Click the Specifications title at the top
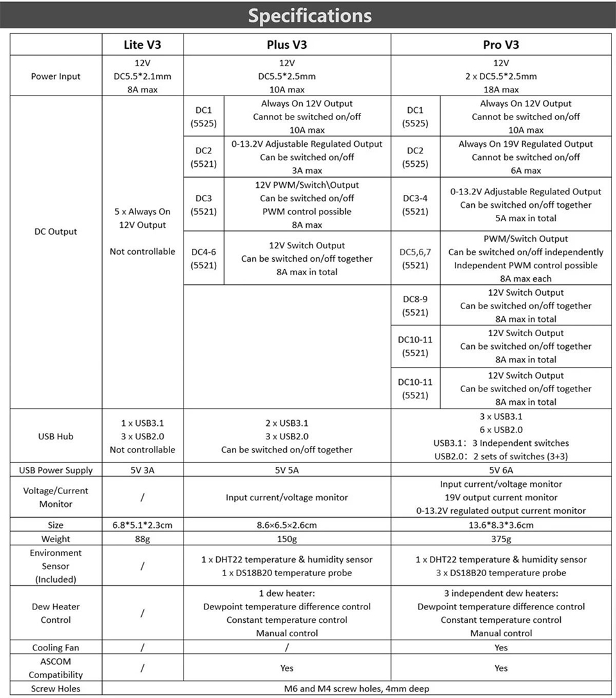pos(309,15)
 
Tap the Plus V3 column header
pos(287,45)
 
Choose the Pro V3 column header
pos(501,45)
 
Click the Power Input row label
pos(56,76)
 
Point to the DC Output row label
pos(56,232)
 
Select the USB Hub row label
pos(56,436)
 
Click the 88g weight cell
pos(142,539)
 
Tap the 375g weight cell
pos(501,539)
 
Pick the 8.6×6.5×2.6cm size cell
pos(287,525)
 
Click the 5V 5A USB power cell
pos(287,470)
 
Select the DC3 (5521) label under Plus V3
pos(204,205)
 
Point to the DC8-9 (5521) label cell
pos(415,306)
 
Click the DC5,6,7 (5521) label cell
pos(415,259)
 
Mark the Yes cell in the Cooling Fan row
pos(501,648)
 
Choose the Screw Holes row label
pos(56,689)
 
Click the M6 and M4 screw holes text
pos(356,689)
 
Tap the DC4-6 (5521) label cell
pos(204,259)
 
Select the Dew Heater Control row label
pos(56,613)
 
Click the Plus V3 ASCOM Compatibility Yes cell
pos(287,668)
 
